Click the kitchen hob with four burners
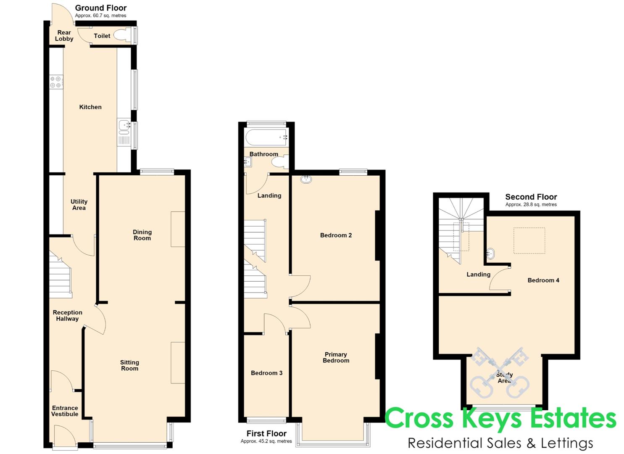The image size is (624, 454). click(x=57, y=82)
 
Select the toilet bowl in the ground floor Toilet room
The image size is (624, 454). click(x=121, y=35)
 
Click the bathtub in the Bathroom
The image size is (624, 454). click(x=266, y=137)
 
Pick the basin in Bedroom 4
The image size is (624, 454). click(x=490, y=253)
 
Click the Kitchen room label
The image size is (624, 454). click(x=90, y=107)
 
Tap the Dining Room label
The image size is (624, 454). click(x=142, y=235)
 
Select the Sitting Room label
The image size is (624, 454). click(x=129, y=365)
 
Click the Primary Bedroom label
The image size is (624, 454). click(x=336, y=357)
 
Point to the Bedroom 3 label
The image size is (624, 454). click(x=266, y=373)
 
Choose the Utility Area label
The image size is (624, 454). click(x=79, y=205)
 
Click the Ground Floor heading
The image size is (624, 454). click(x=101, y=8)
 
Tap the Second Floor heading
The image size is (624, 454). click(x=531, y=197)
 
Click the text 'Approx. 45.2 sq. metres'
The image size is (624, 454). click(x=266, y=441)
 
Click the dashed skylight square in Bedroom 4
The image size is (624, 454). click(x=529, y=241)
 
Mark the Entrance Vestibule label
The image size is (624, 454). click(x=65, y=411)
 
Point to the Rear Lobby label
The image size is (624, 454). click(x=64, y=36)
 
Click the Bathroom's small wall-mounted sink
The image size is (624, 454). click(x=247, y=162)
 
